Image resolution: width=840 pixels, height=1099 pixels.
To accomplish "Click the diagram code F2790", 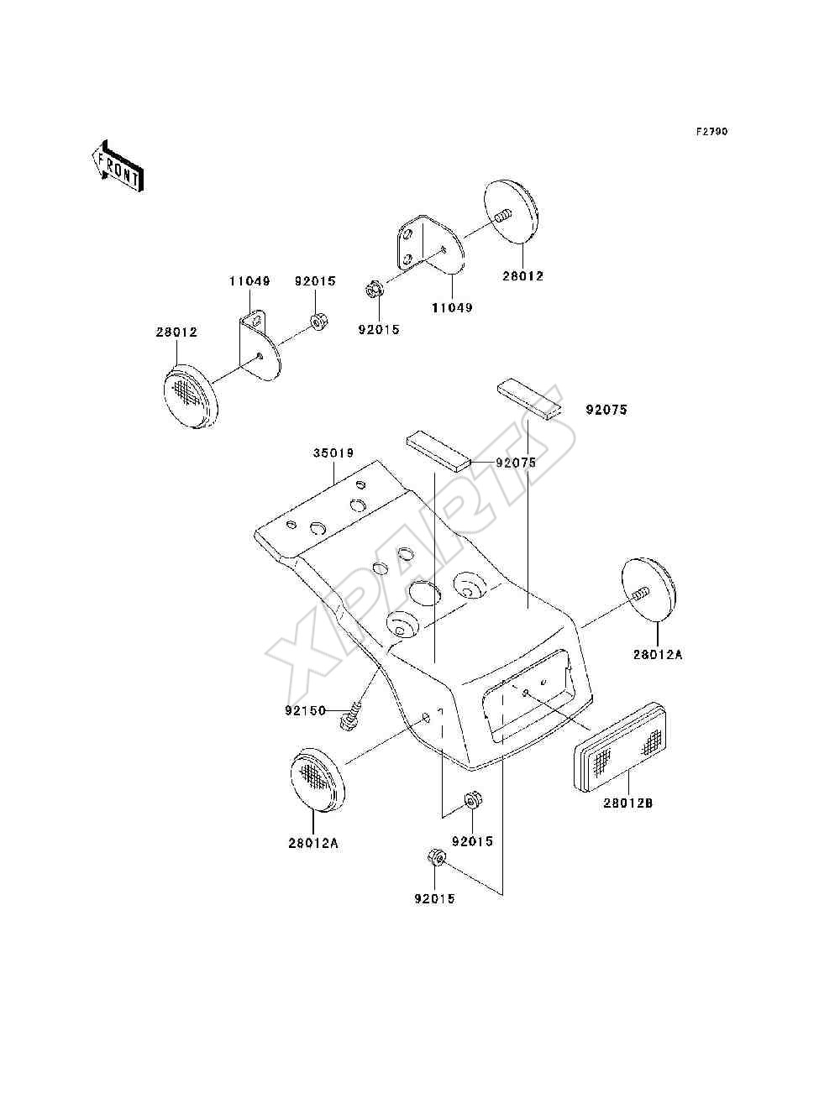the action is [x=711, y=132].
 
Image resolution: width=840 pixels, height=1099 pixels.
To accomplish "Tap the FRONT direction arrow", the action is [x=118, y=165].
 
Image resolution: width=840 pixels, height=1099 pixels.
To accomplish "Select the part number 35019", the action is [x=333, y=453].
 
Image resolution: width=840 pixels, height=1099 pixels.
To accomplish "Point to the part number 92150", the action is [x=305, y=710].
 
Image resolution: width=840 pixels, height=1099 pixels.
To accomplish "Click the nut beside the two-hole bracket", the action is [x=372, y=290].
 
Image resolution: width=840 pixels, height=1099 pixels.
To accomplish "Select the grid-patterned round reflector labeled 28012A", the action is [x=317, y=788].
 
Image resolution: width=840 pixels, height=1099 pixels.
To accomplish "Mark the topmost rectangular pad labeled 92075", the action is [x=529, y=400].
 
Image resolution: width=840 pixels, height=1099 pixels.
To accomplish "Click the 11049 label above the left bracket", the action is [x=249, y=281].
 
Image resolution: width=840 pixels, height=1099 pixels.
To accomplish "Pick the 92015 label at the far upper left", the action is [x=315, y=281].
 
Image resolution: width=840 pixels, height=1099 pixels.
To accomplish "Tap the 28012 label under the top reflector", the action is [x=523, y=276].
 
